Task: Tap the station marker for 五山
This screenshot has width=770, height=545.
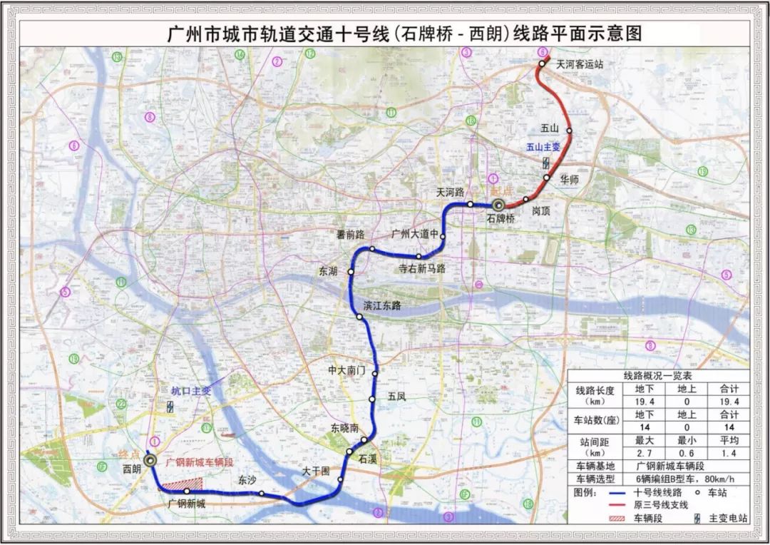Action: (x=569, y=131)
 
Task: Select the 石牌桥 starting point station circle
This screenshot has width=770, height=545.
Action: (x=498, y=205)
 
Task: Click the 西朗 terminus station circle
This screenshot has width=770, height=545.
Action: (x=150, y=461)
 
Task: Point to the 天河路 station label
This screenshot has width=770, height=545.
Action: (x=451, y=193)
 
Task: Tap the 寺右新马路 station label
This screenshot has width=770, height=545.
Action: (x=421, y=268)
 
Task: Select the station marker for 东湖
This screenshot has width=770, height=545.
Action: (x=351, y=272)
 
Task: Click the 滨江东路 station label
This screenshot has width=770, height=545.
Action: (x=382, y=305)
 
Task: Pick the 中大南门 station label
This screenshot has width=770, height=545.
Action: (x=346, y=371)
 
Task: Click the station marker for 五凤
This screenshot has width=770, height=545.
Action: (x=372, y=399)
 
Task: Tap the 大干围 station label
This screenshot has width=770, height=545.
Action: (x=315, y=471)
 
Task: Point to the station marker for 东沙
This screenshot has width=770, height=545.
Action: (x=262, y=493)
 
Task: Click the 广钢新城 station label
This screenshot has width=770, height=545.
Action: (x=186, y=504)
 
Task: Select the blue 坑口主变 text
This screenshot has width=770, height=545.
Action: (x=191, y=390)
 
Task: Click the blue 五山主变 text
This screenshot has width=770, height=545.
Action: (x=543, y=147)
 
